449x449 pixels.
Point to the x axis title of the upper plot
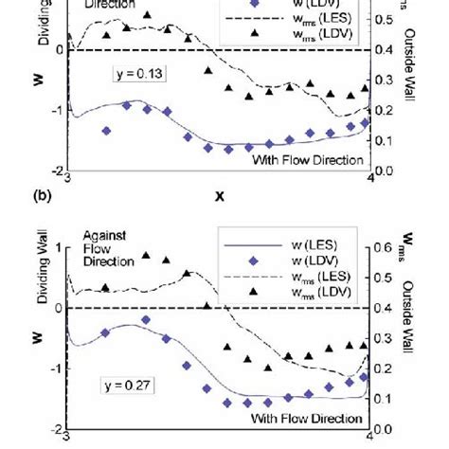coord(220,196)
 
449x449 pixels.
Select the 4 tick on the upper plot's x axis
coord(370,178)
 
